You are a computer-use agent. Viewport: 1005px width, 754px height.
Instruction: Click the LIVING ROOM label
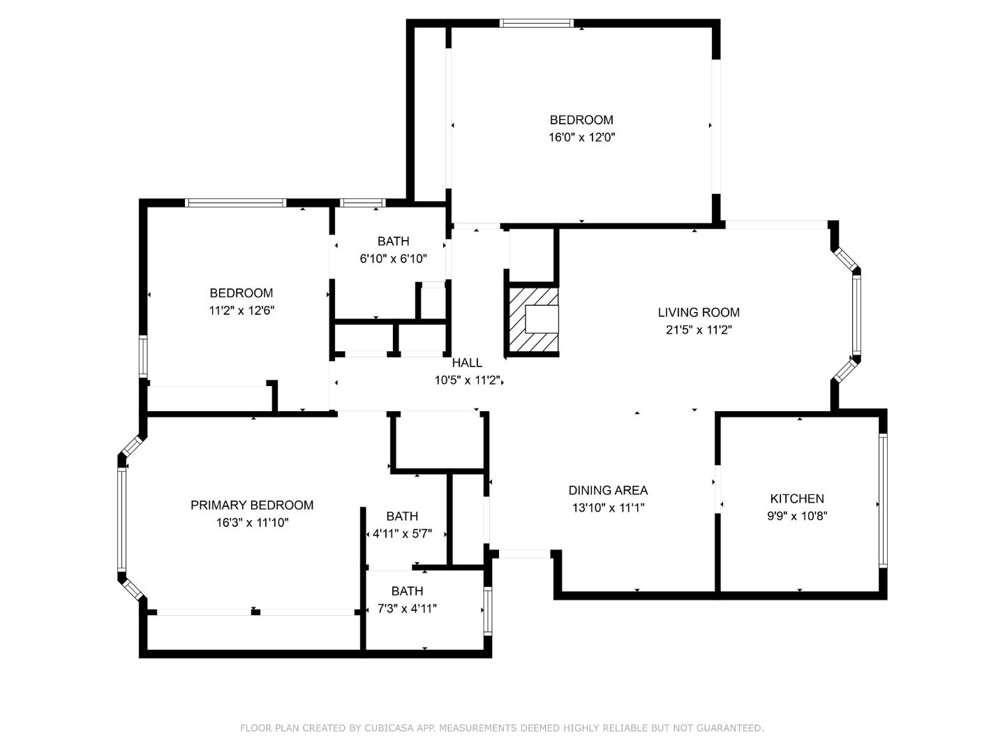(x=698, y=312)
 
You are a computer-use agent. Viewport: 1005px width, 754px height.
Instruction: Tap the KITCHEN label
(x=797, y=498)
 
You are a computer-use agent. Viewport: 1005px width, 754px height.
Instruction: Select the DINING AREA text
(x=608, y=490)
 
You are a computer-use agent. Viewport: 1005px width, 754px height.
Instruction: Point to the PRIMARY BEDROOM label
(x=252, y=505)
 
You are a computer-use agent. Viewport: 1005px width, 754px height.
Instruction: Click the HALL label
(x=467, y=363)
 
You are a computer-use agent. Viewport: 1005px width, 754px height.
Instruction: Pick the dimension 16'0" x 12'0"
(x=581, y=138)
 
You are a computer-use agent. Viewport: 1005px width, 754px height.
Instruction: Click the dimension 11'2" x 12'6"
(x=241, y=311)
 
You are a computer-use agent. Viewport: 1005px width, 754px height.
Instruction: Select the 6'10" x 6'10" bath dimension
(x=394, y=259)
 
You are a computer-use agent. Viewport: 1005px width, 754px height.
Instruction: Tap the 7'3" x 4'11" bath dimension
(x=407, y=609)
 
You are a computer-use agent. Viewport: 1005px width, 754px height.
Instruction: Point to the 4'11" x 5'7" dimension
(x=402, y=534)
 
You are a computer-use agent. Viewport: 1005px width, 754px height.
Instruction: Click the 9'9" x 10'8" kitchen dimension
(x=797, y=516)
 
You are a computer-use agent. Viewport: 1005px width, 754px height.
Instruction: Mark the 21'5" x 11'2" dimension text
(x=699, y=330)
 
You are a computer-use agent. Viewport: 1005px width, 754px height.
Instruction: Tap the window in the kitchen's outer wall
(x=883, y=501)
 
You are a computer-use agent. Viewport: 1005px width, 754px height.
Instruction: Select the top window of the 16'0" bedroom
(x=536, y=23)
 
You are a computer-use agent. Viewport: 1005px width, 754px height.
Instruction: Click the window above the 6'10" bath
(x=362, y=202)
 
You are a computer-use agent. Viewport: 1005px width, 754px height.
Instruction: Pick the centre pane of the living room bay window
(x=856, y=315)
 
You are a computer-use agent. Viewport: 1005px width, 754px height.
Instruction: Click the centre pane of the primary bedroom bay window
(x=122, y=519)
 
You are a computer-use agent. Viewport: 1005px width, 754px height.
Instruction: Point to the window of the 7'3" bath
(x=488, y=611)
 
